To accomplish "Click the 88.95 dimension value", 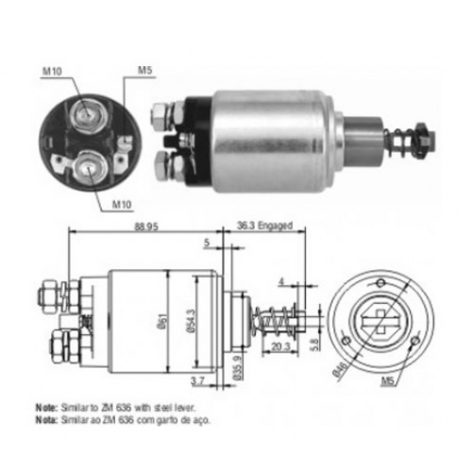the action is (146, 227).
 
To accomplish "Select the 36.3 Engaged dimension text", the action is (264, 226).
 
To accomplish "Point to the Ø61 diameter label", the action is (163, 322).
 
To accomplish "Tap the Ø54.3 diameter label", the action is (191, 321).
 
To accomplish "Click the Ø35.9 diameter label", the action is (238, 368).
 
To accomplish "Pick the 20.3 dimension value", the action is (280, 346).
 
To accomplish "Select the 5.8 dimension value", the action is (316, 345).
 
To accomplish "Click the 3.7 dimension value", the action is (197, 381).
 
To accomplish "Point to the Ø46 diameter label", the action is (341, 369).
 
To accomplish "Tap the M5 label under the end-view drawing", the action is (388, 381).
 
